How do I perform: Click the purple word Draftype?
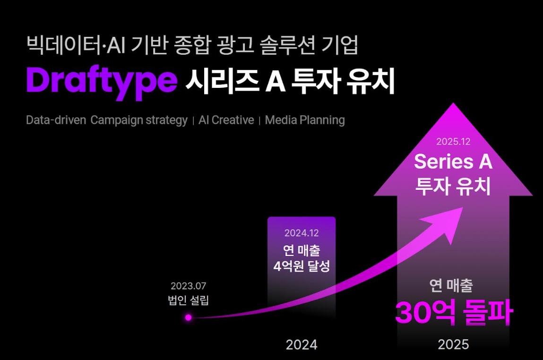(102, 82)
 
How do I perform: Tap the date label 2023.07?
(189, 286)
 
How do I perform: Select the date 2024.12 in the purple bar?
(302, 233)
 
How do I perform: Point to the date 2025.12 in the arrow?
(453, 142)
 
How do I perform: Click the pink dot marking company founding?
(189, 317)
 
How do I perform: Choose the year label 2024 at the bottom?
(302, 345)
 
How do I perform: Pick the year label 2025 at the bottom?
(453, 344)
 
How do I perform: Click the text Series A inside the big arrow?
(453, 162)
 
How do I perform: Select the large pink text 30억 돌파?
(454, 313)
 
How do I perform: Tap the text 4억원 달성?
(302, 266)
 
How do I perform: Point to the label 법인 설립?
(189, 300)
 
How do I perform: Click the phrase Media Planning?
(305, 120)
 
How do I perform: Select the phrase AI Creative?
(226, 120)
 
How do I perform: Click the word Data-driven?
(56, 120)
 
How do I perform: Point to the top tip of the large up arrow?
(453, 103)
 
